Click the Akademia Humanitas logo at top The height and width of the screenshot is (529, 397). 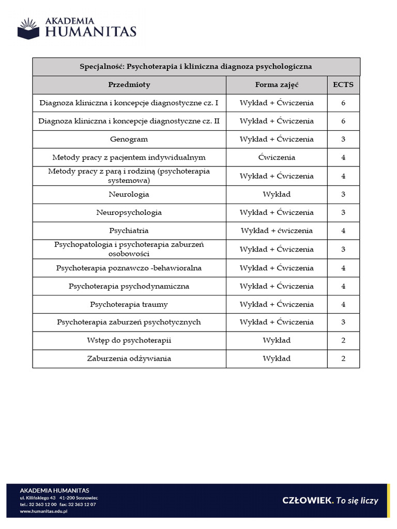click(x=77, y=27)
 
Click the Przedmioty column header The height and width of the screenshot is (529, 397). click(x=129, y=85)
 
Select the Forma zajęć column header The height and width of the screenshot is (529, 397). click(x=277, y=85)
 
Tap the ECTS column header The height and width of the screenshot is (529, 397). click(x=343, y=85)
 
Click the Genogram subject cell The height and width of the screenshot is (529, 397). click(x=129, y=139)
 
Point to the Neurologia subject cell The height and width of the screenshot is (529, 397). click(x=129, y=194)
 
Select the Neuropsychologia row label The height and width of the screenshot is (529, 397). click(x=129, y=212)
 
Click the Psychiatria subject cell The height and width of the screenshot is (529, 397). click(x=129, y=231)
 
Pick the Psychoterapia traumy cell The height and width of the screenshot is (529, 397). click(x=129, y=304)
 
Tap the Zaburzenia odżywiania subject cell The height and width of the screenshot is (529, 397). click(x=129, y=359)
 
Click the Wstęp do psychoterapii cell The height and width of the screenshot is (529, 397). click(x=129, y=340)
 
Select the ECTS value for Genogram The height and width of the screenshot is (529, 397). click(x=343, y=139)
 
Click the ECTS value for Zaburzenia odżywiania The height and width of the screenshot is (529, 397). click(x=343, y=359)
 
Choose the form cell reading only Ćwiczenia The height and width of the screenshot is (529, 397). click(x=277, y=158)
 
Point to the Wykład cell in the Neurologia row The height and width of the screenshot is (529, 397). click(x=277, y=194)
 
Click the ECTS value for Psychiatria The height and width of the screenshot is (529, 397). click(x=343, y=231)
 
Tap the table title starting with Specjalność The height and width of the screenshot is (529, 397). click(x=196, y=67)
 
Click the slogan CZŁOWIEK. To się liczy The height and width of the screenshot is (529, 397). click(x=330, y=500)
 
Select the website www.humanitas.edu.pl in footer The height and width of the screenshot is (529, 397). click(x=44, y=511)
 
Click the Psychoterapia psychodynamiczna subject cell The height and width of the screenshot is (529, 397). click(x=129, y=286)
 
